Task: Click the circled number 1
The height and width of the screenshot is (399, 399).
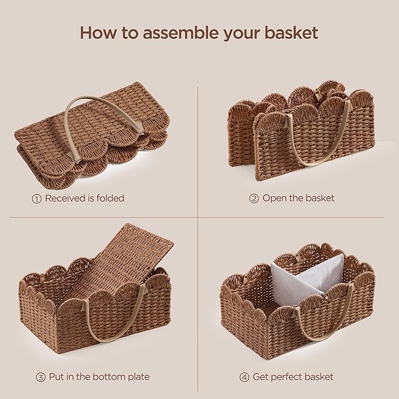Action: [x=36, y=199]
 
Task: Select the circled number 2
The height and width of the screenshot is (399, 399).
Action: [x=254, y=199]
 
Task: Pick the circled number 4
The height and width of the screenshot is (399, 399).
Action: [x=244, y=377]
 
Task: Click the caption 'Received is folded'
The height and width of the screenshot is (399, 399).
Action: [x=85, y=199]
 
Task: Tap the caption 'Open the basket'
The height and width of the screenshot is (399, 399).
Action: [x=299, y=199]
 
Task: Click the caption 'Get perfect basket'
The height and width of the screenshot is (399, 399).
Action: [x=293, y=377]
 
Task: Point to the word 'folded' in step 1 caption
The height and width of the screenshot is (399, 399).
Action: [x=109, y=199]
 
